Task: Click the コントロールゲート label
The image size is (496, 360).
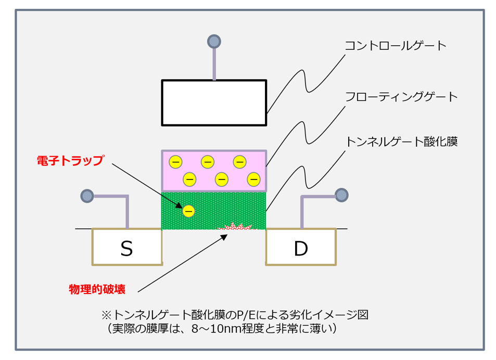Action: point(396,46)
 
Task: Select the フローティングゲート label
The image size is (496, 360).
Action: point(401,97)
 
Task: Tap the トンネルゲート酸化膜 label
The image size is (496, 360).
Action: point(402,142)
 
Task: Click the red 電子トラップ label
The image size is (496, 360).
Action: point(71,160)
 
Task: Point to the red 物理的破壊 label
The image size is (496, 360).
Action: point(97,289)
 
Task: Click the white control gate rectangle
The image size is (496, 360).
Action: point(214,102)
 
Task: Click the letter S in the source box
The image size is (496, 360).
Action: point(126,249)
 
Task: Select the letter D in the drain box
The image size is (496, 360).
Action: point(301,249)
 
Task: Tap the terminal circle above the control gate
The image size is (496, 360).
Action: point(214,42)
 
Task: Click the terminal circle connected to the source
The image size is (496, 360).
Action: point(87,196)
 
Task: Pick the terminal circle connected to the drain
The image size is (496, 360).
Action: point(341,195)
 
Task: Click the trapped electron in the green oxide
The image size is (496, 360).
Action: point(188,211)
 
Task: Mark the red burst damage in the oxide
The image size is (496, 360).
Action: point(236,226)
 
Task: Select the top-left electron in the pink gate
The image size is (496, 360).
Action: point(175,162)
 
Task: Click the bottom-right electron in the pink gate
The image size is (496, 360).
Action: point(253,179)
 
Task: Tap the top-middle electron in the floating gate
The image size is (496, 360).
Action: point(208,162)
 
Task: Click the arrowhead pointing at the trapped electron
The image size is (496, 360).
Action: point(179,205)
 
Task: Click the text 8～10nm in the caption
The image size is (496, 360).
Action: point(217,329)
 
